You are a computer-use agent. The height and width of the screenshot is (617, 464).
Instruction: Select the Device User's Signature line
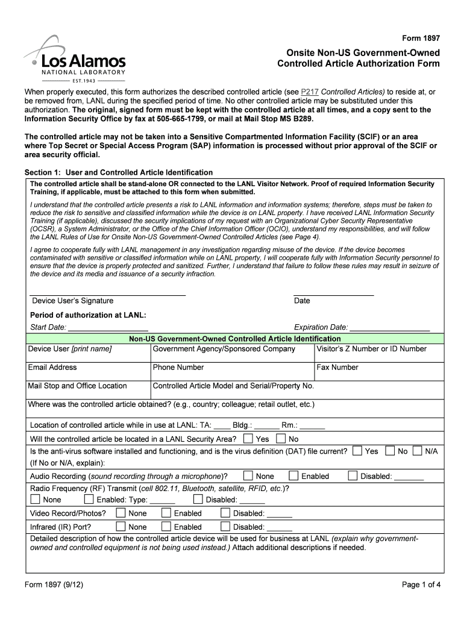click(108, 294)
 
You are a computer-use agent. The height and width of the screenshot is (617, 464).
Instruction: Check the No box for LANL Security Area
click(281, 439)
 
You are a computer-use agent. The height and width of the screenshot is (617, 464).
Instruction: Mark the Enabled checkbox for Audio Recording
click(293, 476)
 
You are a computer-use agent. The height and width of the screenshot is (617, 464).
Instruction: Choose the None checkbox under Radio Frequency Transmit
click(36, 500)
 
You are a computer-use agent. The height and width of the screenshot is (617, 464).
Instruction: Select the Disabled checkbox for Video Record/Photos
click(225, 513)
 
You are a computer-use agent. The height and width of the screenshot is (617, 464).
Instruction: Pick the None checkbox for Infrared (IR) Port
click(121, 527)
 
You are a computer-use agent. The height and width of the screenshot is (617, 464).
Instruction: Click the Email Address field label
click(52, 368)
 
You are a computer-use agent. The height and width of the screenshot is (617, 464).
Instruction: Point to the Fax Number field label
click(337, 368)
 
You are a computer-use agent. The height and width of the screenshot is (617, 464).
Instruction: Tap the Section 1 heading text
click(118, 172)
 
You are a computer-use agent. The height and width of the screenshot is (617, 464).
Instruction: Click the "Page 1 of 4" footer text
click(421, 584)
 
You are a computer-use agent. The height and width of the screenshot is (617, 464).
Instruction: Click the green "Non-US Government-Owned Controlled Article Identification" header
click(235, 339)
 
